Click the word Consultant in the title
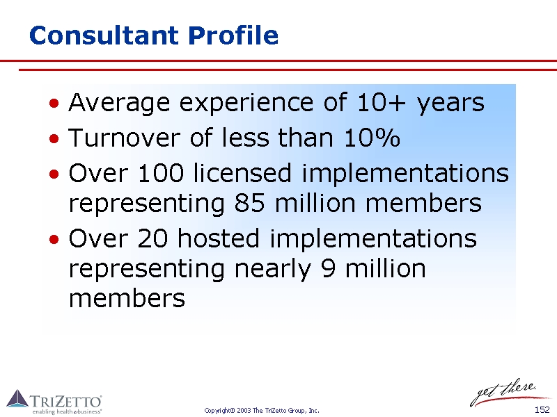104,35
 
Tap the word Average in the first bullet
119,103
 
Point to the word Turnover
125,137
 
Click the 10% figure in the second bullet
372,137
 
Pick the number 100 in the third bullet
161,173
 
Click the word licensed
242,172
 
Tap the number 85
249,203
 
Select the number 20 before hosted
152,238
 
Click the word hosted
219,238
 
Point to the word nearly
272,270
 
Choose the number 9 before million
328,268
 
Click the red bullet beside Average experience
54,103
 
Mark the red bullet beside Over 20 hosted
54,239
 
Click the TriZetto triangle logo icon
17,398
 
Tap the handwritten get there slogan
504,392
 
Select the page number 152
542,410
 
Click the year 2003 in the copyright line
244,411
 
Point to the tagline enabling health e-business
67,411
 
